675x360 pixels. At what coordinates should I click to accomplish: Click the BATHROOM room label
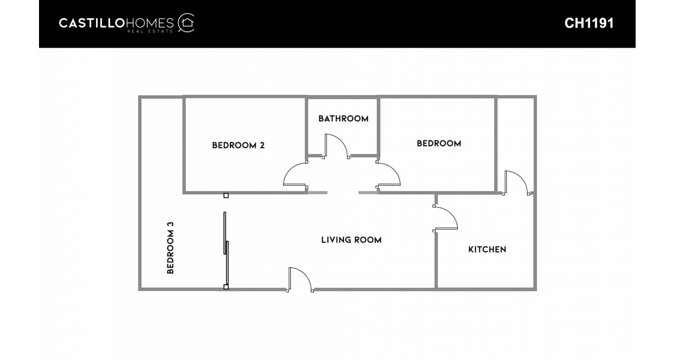(x=343, y=118)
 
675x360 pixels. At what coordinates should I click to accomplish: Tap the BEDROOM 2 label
(x=238, y=145)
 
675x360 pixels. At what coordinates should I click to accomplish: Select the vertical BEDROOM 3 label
(x=170, y=247)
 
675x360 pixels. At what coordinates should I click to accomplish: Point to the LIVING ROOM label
(x=351, y=240)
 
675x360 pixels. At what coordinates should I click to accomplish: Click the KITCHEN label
(x=487, y=250)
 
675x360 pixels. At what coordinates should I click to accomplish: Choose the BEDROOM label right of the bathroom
(x=439, y=143)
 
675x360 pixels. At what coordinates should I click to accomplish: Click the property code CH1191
(x=589, y=23)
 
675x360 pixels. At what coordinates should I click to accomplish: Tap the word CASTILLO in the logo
(x=92, y=23)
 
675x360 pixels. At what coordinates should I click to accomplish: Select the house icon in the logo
(x=186, y=23)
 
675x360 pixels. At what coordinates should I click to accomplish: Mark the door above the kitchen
(x=516, y=183)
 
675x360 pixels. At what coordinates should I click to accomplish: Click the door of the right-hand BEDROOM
(x=388, y=174)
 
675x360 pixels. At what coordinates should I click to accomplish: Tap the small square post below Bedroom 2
(x=226, y=196)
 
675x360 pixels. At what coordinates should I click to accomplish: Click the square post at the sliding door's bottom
(x=226, y=287)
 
